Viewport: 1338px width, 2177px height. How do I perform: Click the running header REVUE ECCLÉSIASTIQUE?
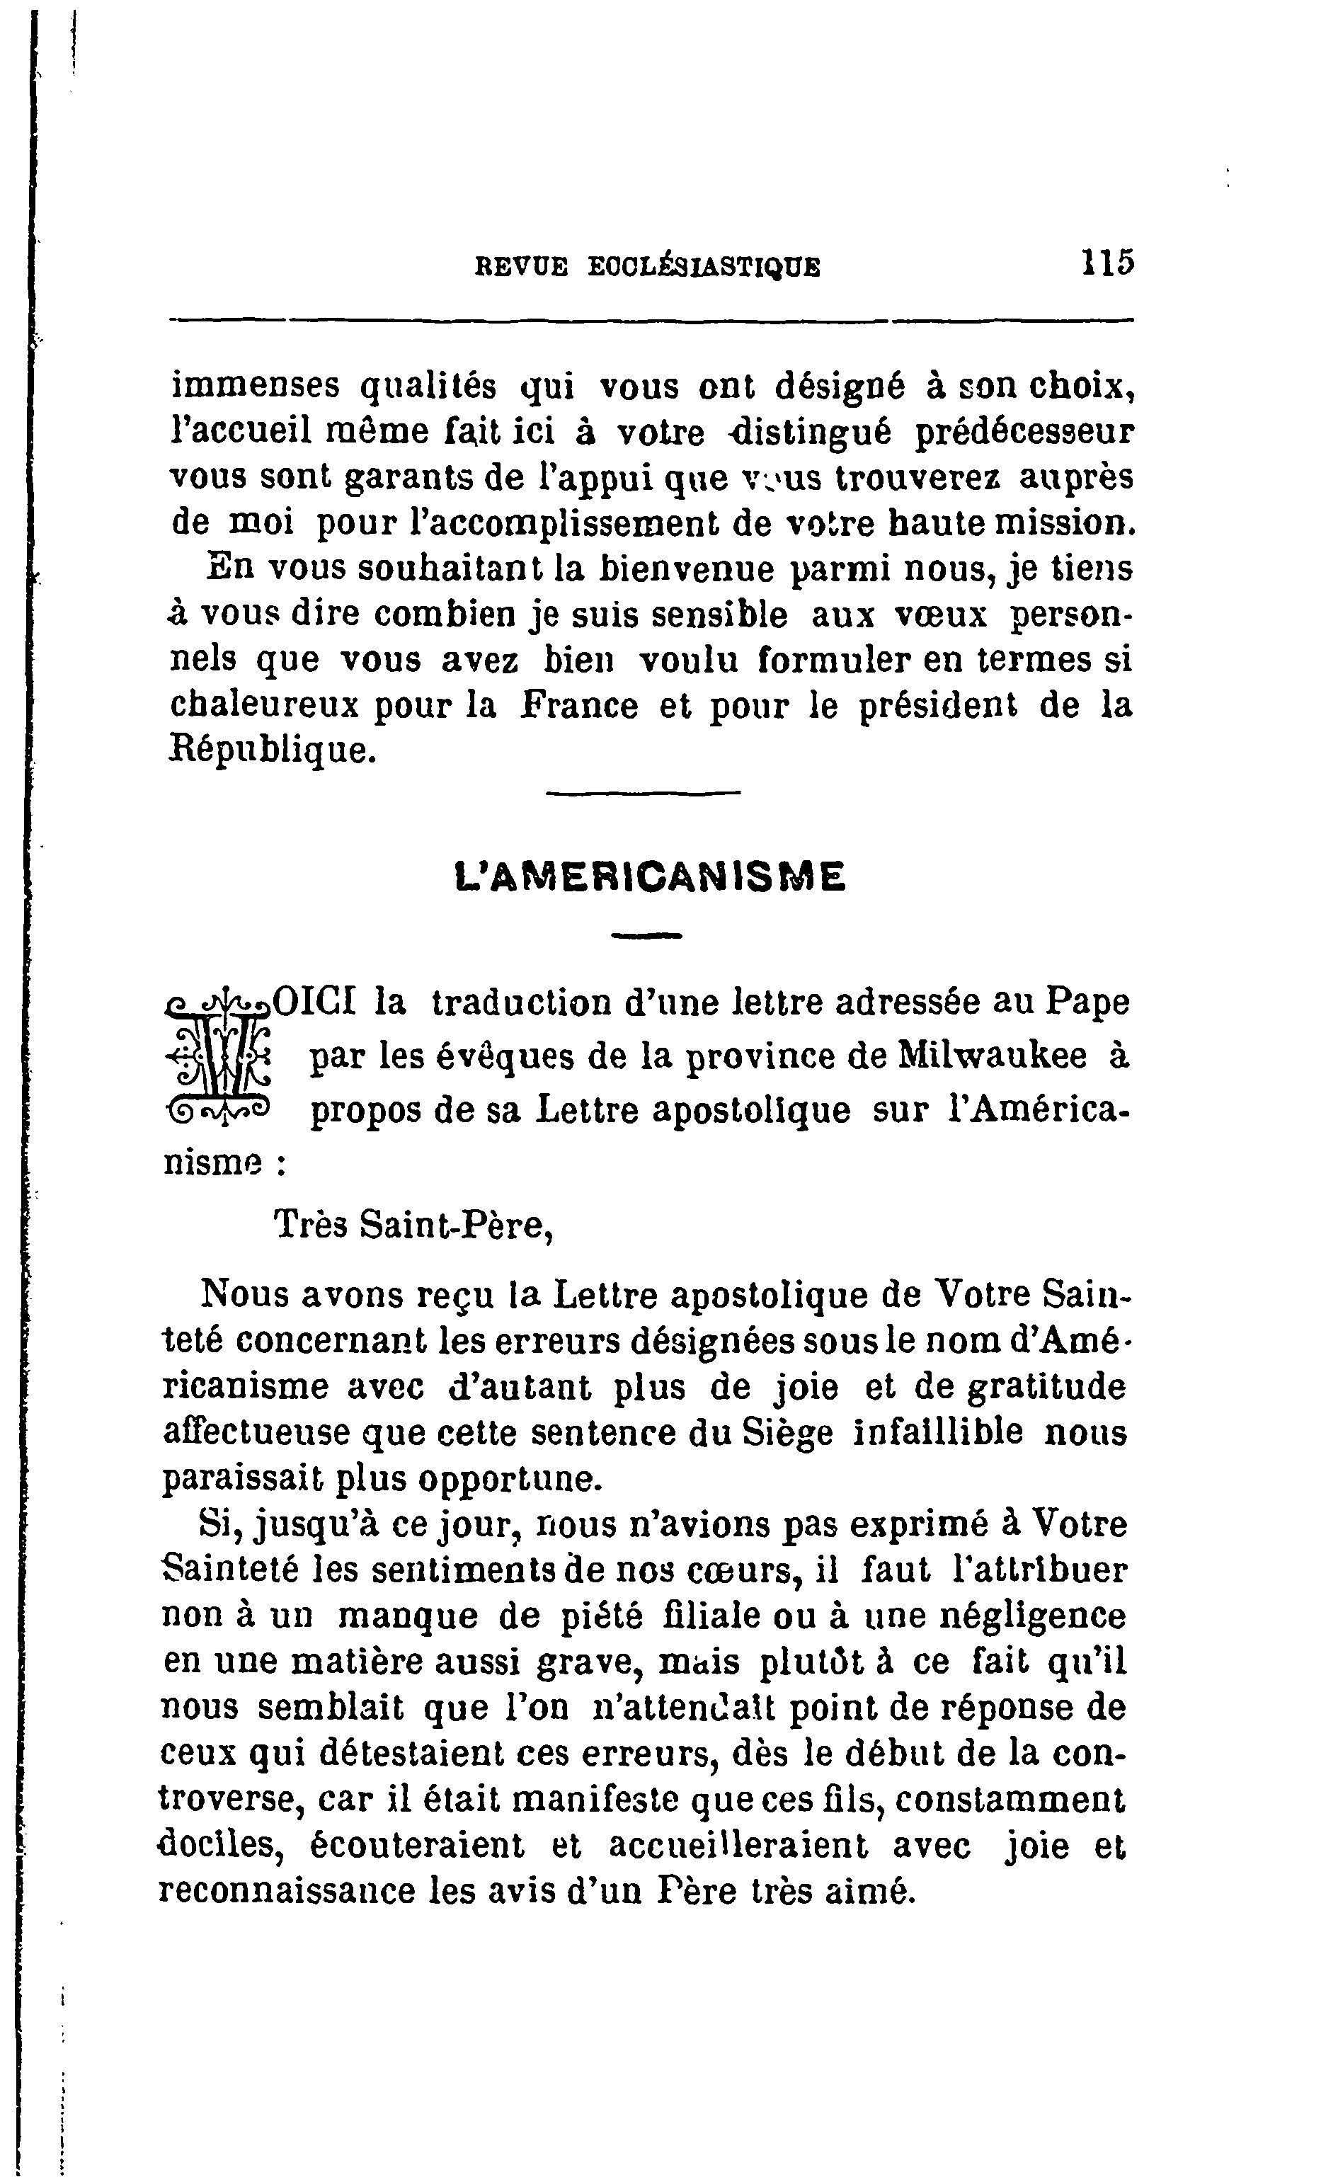(648, 266)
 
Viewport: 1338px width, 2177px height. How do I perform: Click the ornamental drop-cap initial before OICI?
(219, 1056)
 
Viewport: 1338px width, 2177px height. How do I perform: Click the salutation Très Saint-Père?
(413, 1225)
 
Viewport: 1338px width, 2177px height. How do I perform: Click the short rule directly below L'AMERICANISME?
(648, 935)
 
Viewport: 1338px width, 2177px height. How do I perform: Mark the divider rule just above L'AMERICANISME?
(644, 792)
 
